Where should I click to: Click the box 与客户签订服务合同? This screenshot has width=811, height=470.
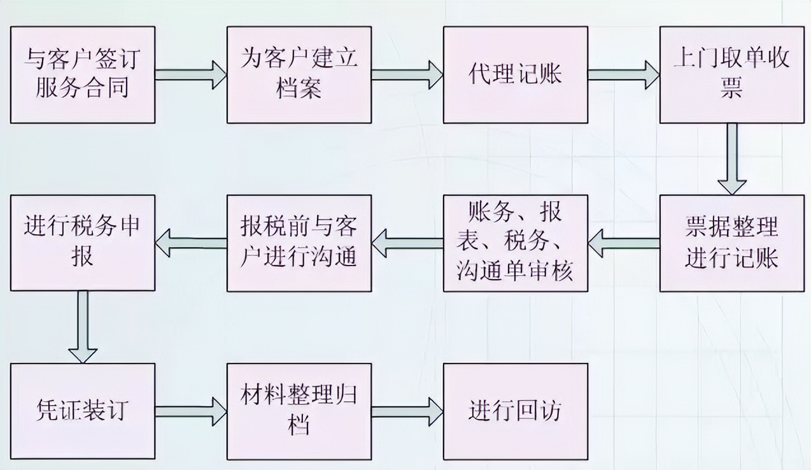click(82, 75)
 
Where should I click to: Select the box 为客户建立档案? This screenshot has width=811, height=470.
click(299, 75)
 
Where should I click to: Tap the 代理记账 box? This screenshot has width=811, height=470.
click(515, 75)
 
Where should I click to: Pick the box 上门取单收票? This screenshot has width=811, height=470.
click(731, 75)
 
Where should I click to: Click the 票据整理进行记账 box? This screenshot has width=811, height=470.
click(731, 243)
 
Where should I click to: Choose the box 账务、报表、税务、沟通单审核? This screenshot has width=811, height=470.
click(515, 243)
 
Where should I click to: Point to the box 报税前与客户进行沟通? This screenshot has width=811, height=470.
click(299, 243)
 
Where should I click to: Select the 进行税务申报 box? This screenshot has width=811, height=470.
click(82, 243)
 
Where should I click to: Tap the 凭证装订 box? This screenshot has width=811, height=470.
click(82, 411)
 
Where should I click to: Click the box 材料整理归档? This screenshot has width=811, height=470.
click(299, 411)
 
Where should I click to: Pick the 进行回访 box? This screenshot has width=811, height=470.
click(515, 411)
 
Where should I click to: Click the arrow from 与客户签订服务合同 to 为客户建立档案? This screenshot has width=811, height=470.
click(190, 75)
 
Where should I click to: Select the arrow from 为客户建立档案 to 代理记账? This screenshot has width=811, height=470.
click(407, 75)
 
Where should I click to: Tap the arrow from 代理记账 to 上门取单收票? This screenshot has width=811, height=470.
click(623, 75)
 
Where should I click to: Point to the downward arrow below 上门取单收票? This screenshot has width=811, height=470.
click(731, 159)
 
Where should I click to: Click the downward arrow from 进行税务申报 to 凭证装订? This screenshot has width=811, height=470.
click(82, 327)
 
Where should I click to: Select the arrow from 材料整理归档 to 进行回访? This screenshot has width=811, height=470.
click(407, 411)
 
